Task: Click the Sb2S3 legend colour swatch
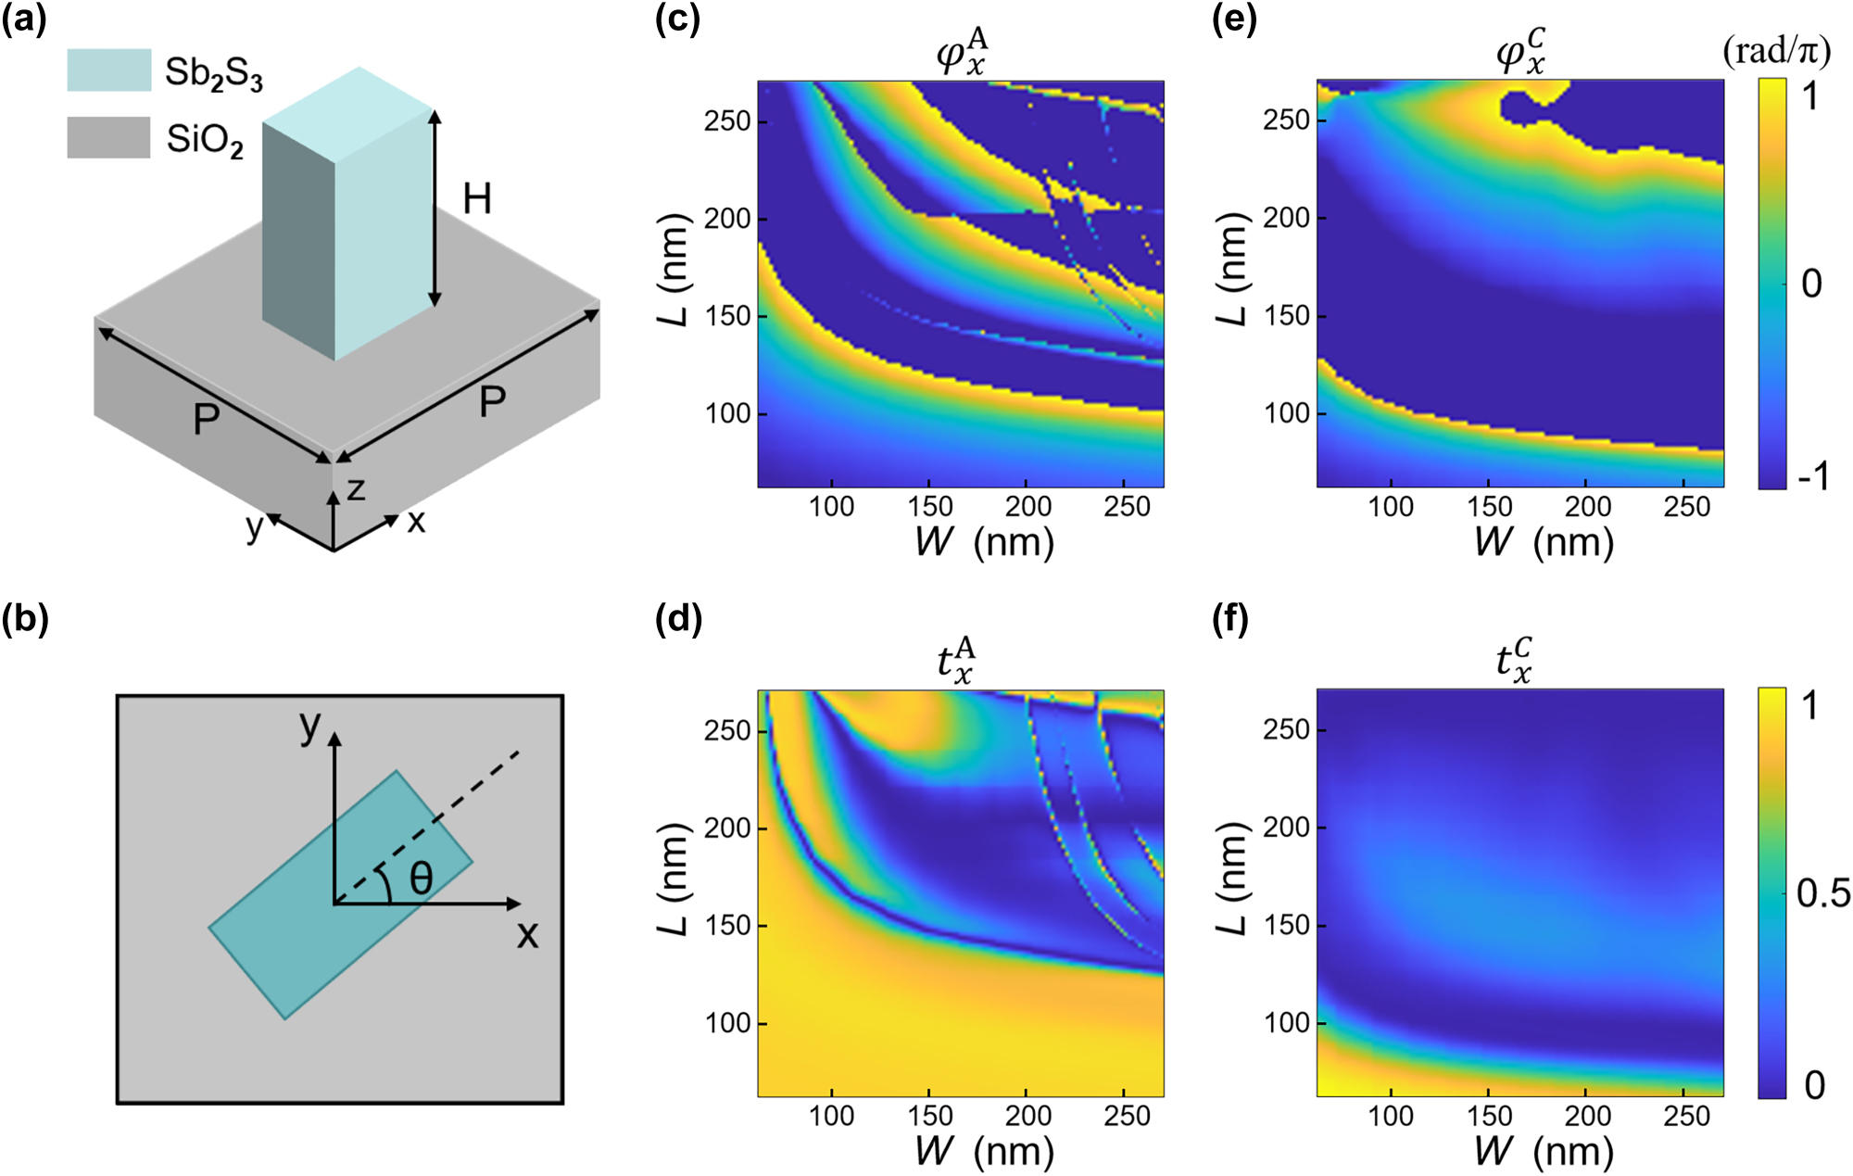(x=108, y=70)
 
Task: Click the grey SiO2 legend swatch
(x=108, y=137)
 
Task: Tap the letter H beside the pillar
(x=476, y=199)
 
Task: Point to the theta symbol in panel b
(x=422, y=878)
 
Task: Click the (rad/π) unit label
(x=1776, y=51)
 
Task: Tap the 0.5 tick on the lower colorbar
(x=1822, y=893)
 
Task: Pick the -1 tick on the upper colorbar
(x=1813, y=476)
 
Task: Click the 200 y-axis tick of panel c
(x=727, y=219)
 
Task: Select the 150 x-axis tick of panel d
(x=929, y=1116)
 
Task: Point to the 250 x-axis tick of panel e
(x=1686, y=507)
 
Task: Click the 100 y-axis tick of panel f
(x=1287, y=1023)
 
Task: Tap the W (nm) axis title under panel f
(x=1543, y=1152)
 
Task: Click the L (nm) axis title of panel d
(x=674, y=878)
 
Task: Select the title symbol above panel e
(x=1520, y=52)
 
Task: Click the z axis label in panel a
(x=356, y=488)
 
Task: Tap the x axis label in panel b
(x=527, y=934)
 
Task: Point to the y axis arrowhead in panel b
(x=334, y=739)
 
